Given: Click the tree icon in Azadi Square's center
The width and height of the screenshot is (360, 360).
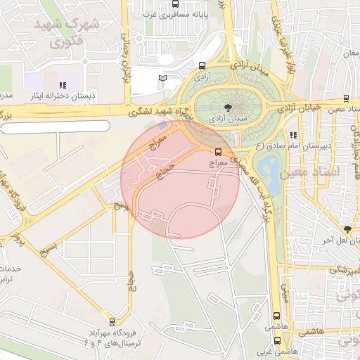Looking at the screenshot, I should click(226, 108).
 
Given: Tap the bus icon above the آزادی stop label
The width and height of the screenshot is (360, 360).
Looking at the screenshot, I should click(203, 63).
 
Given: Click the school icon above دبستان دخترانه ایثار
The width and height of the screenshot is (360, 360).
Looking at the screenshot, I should click(63, 85).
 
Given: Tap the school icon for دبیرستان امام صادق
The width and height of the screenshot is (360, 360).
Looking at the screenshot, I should click(293, 134).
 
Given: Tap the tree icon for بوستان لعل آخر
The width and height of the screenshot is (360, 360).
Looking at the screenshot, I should click(347, 229).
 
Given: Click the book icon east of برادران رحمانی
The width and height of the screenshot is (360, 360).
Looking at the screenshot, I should click(164, 78).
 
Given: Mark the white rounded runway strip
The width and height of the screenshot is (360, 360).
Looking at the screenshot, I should click(56, 126).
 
